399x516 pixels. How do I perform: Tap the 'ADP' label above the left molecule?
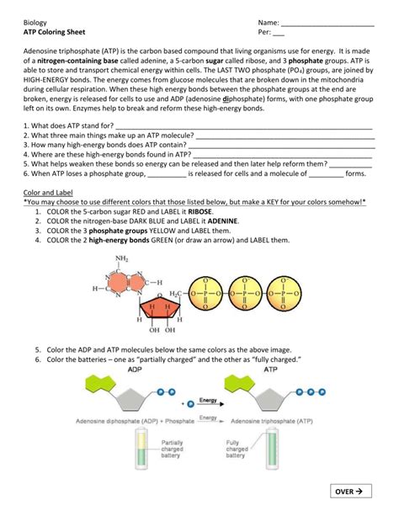point(111,369)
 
